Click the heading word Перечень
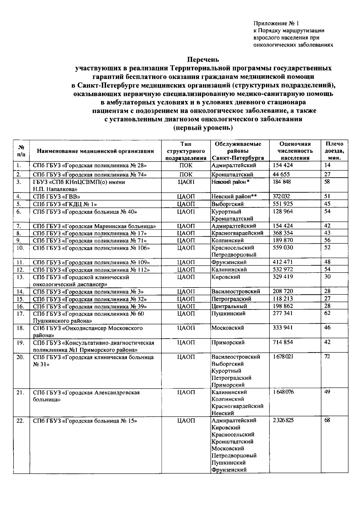tap(203, 59)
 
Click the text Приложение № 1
tap(276, 23)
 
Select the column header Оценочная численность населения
tap(295, 151)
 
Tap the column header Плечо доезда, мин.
tap(334, 151)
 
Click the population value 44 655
tap(281, 174)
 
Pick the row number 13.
tap(20, 277)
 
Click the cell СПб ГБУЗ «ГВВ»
tap(57, 197)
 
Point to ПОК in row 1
tap(186, 165)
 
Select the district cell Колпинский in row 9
tap(228, 240)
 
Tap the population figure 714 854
tap(283, 342)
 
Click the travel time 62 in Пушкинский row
tap(327, 313)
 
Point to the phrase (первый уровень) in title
tap(203, 128)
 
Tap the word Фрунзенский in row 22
tap(229, 470)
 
